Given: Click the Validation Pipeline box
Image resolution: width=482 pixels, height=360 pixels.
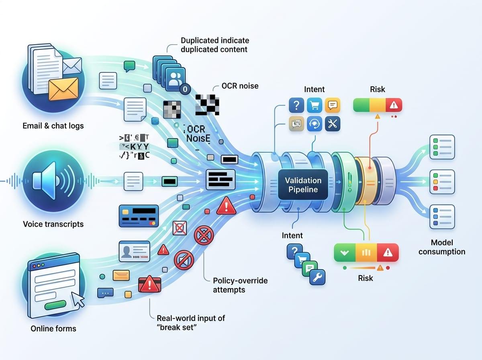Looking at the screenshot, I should (x=303, y=185).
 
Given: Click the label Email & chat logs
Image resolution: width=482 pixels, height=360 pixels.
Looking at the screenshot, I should (x=53, y=126).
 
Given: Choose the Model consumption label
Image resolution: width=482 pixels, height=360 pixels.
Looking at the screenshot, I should (x=442, y=247).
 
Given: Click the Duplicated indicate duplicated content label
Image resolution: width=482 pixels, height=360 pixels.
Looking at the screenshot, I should (x=215, y=45).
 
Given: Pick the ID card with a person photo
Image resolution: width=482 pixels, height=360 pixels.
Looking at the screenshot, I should (x=134, y=252).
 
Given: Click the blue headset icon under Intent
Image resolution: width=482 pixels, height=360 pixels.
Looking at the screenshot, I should (x=315, y=124).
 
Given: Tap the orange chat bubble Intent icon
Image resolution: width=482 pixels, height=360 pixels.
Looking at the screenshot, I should (x=332, y=105).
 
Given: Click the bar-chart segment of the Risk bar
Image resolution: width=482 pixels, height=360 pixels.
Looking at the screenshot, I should (x=366, y=253).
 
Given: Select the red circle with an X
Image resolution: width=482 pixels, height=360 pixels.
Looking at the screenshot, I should (x=204, y=235).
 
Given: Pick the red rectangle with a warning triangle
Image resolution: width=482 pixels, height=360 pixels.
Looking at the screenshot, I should (x=149, y=284).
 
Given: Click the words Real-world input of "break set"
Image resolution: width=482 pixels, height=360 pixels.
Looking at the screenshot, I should (x=191, y=323).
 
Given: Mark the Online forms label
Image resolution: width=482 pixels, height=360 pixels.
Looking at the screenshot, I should (x=53, y=329).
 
